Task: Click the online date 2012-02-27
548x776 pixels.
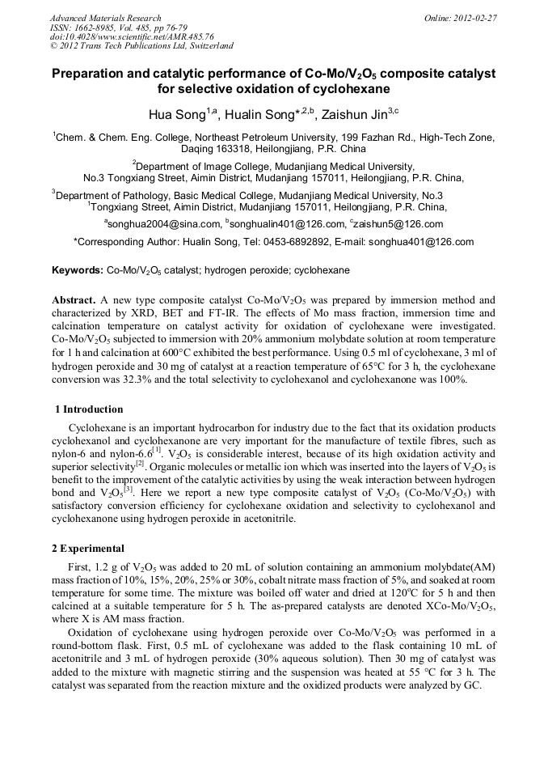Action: (474, 18)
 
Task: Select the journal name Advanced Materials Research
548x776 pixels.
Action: (105, 18)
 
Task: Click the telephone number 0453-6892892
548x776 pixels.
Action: (291, 241)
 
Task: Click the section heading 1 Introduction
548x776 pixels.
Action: (88, 409)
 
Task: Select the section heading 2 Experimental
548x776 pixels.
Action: (87, 548)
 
